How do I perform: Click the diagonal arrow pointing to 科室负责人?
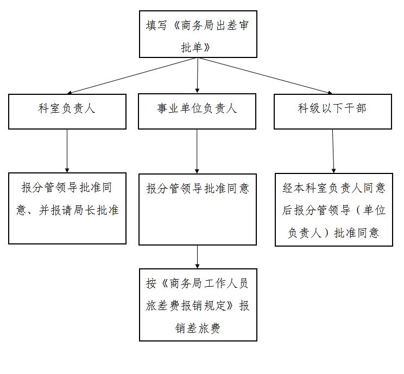[132, 76]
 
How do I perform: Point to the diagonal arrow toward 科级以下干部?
[265, 76]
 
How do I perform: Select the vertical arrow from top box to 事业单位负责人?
[197, 75]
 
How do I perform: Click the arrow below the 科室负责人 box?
[67, 151]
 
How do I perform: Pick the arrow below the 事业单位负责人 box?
[197, 152]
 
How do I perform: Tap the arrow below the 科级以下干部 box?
[333, 151]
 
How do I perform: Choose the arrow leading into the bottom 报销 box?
[197, 257]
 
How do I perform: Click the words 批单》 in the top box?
[196, 47]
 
